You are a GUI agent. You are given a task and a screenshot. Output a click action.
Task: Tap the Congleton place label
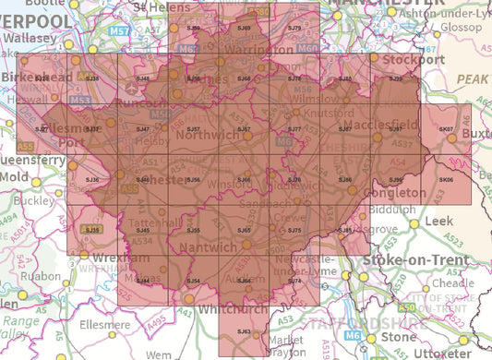pyautogui.click(x=402, y=195)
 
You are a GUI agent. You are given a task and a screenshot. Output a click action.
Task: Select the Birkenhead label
pyautogui.click(x=36, y=78)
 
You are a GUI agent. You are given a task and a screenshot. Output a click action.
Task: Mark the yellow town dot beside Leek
pyautogui.click(x=414, y=222)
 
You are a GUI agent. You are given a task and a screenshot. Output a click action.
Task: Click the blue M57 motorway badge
pyautogui.click(x=119, y=30)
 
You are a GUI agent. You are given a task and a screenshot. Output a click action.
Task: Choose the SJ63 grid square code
pyautogui.click(x=244, y=330)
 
